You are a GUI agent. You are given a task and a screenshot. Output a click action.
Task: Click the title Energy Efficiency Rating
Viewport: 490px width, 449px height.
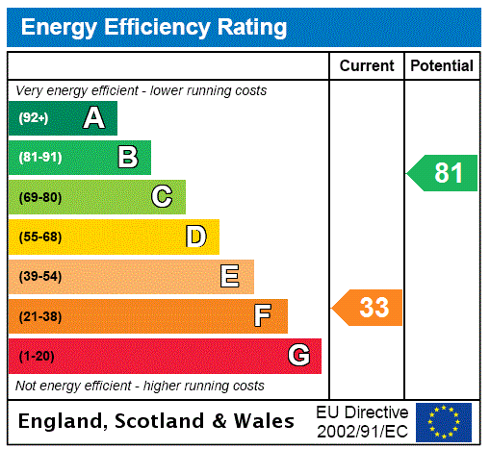tap(154, 27)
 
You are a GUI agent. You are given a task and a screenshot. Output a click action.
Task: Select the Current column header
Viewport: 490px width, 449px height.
tap(367, 65)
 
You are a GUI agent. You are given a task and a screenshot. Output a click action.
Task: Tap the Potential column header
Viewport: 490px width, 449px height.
tap(442, 65)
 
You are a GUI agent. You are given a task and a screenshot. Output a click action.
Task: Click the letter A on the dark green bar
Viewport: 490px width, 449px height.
tap(93, 118)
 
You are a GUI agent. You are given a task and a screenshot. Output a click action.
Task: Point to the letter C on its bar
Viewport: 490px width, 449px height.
tap(162, 197)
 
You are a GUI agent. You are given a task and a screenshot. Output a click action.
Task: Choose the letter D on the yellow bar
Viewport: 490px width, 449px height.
tap(195, 237)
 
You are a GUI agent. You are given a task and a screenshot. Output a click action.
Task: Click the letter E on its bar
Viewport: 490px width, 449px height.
tap(230, 277)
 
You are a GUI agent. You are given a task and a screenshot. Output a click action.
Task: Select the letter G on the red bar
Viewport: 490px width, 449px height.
tap(298, 356)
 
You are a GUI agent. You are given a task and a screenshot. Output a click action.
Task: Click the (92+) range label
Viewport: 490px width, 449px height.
tap(34, 118)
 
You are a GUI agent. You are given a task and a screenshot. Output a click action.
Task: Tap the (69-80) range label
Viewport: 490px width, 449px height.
tap(39, 197)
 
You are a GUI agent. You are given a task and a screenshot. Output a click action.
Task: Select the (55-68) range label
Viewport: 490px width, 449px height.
tap(39, 237)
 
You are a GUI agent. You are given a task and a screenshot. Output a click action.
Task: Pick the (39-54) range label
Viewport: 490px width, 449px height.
tap(39, 277)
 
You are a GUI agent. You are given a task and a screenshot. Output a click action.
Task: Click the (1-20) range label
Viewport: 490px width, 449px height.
tap(37, 356)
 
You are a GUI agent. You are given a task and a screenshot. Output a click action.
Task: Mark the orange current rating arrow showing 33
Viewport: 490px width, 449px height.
tap(368, 308)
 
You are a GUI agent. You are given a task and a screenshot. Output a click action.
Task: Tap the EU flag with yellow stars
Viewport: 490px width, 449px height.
tap(444, 421)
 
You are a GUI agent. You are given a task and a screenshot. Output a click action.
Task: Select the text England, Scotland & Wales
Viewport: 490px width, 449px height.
tap(157, 421)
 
